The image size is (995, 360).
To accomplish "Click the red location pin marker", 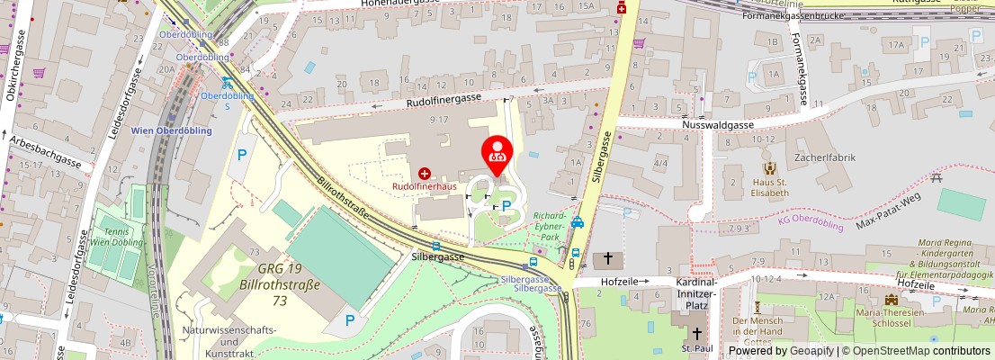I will coord(497,151).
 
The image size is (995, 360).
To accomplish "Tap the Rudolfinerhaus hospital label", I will coord(424,186).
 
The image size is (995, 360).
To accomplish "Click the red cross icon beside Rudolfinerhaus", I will coord(424,172).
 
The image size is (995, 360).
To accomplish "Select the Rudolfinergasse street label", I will coord(444,101).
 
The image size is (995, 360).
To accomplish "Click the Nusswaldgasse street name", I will coord(716,126).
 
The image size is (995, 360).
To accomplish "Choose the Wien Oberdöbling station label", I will coord(172,130).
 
